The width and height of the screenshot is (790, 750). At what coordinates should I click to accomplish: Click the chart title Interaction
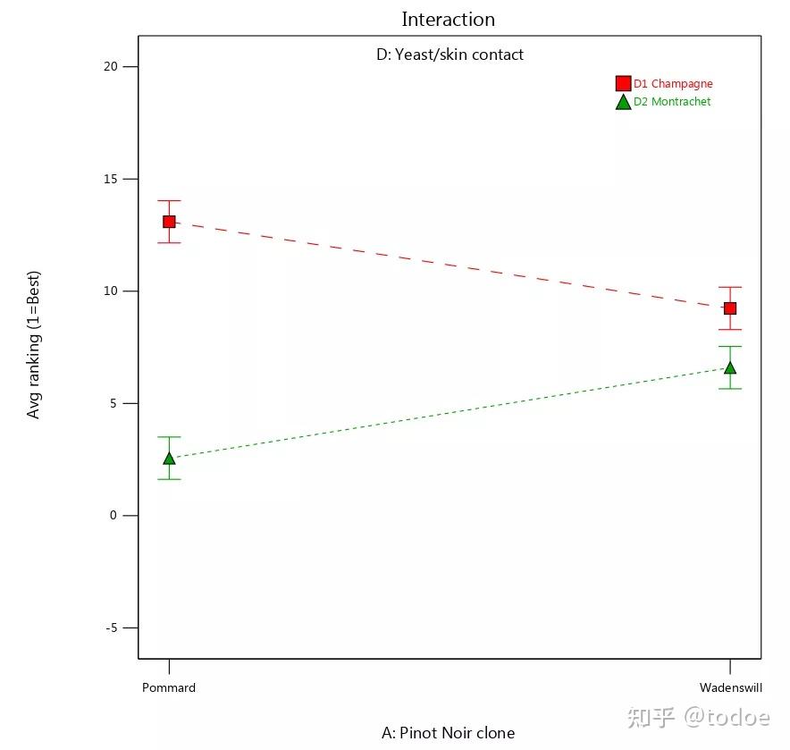(448, 19)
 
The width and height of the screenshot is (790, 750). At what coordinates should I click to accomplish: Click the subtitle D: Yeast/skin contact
(450, 55)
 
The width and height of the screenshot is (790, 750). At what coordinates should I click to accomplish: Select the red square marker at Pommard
(169, 222)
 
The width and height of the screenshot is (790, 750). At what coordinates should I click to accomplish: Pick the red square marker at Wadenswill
(730, 308)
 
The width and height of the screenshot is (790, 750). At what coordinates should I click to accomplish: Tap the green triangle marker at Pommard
(169, 459)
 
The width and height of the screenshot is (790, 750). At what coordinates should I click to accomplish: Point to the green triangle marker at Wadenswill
(730, 367)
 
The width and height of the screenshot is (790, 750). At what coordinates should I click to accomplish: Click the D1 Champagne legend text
(673, 84)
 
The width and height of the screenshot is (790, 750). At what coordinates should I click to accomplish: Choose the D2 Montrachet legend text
(672, 102)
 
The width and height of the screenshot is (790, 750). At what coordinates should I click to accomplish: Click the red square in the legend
(623, 84)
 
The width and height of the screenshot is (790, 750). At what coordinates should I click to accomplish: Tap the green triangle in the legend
(623, 102)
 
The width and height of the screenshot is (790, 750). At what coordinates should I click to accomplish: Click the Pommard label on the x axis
(169, 687)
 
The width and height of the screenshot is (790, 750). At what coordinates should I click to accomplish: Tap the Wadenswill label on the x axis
(730, 687)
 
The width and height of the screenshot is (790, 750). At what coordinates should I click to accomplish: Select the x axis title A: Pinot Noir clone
(448, 733)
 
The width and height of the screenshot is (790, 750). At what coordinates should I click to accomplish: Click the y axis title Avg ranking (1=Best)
(34, 345)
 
